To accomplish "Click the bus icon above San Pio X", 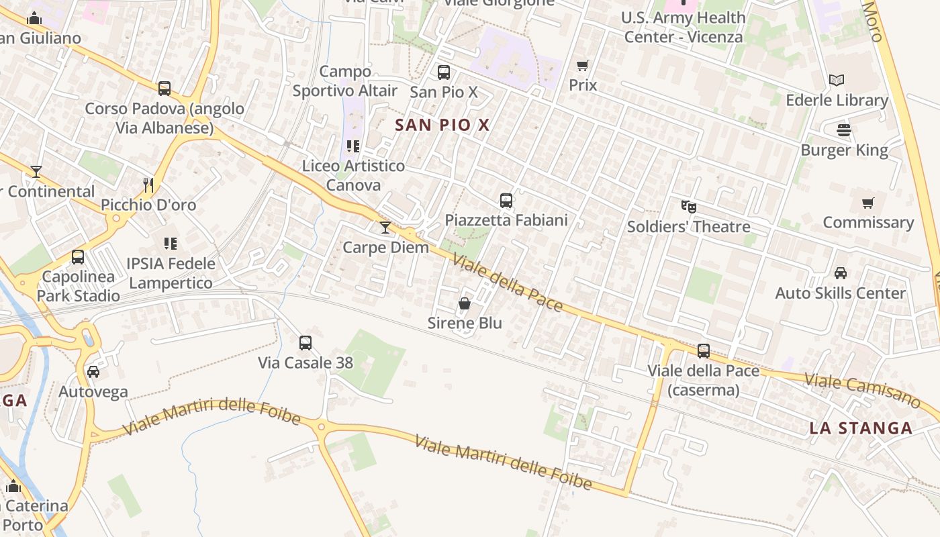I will [443, 72].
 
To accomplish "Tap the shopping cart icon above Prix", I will [583, 66].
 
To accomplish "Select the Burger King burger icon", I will [844, 130].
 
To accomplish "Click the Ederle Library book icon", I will [836, 81].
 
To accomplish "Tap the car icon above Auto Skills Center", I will [840, 273].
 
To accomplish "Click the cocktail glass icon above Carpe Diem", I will [385, 228].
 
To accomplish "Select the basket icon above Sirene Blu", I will [464, 303].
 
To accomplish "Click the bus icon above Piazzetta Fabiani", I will [506, 200].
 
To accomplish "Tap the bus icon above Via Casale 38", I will [305, 343].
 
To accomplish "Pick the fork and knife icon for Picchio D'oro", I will [148, 185].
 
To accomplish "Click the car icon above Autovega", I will [93, 371].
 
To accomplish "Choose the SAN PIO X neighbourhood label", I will [442, 125].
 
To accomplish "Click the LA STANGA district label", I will [860, 428].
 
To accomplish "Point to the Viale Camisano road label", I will [862, 391].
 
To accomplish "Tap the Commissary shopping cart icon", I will [867, 203].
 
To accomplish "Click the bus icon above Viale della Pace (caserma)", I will [704, 350].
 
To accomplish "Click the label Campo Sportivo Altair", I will [345, 81].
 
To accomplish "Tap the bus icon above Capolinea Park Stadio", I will [78, 256].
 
